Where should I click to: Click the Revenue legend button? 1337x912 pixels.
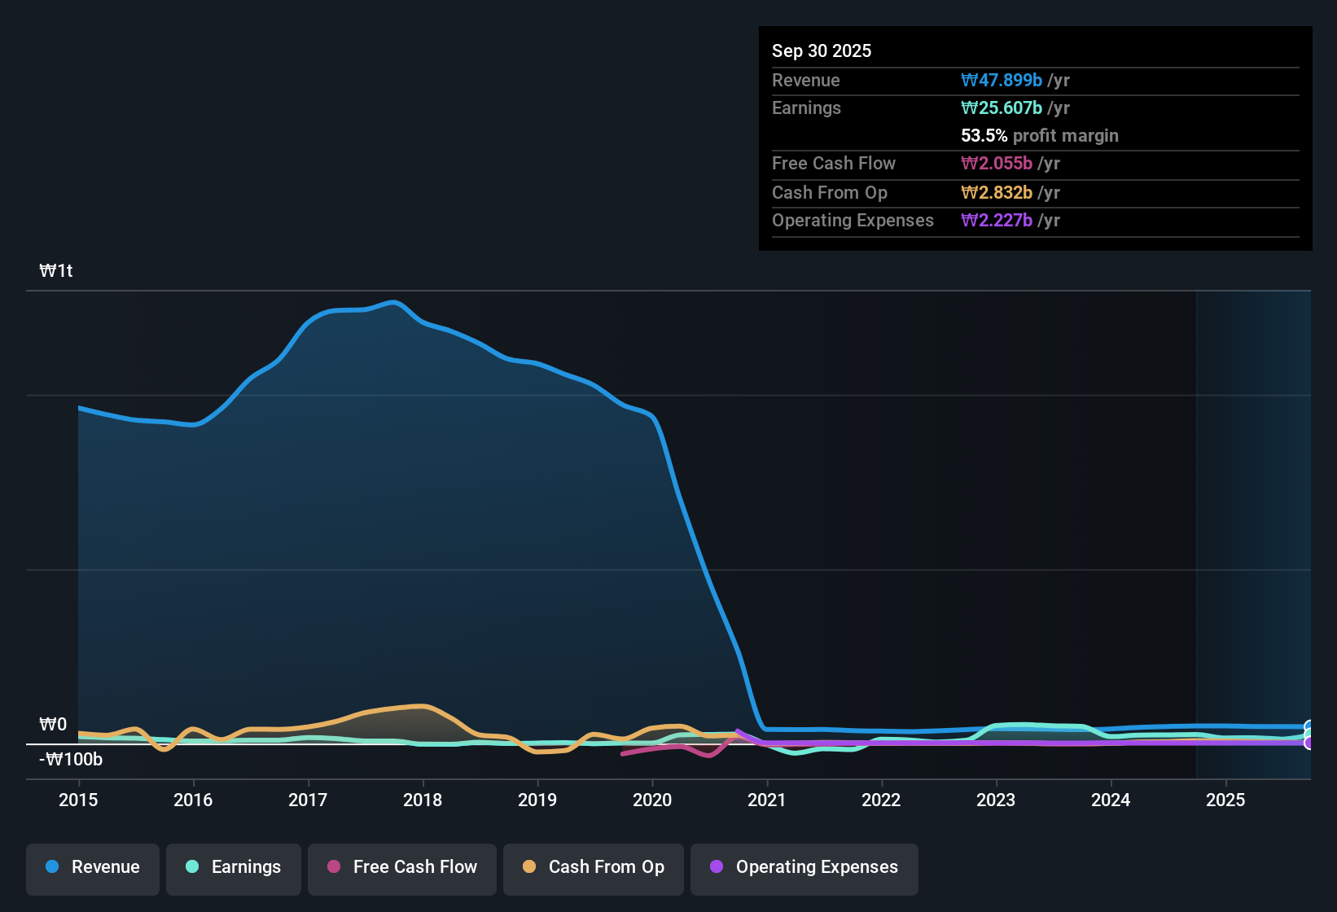[93, 867]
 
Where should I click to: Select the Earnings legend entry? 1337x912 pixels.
[234, 867]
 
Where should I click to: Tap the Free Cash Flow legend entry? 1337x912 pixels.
[402, 867]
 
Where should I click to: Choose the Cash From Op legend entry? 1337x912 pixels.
[594, 867]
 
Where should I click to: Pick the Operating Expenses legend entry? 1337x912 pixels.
[804, 867]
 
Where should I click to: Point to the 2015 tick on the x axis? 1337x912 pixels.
[78, 800]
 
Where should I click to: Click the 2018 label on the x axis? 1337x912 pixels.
[423, 800]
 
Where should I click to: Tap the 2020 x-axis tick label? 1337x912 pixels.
[652, 800]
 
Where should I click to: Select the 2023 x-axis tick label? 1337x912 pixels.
[996, 800]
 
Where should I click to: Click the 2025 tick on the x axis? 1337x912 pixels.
[1225, 800]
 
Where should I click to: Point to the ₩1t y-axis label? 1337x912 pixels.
[56, 271]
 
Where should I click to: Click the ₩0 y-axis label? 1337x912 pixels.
[53, 725]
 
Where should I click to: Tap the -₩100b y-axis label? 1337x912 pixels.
[72, 760]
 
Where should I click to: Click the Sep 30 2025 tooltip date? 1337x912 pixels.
[822, 50]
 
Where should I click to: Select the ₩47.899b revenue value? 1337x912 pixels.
[1002, 81]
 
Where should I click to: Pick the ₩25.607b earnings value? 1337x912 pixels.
[1002, 108]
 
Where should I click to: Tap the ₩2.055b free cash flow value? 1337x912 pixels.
[997, 164]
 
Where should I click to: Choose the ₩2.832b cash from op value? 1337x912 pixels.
[997, 193]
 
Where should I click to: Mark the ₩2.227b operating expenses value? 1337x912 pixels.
[997, 221]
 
